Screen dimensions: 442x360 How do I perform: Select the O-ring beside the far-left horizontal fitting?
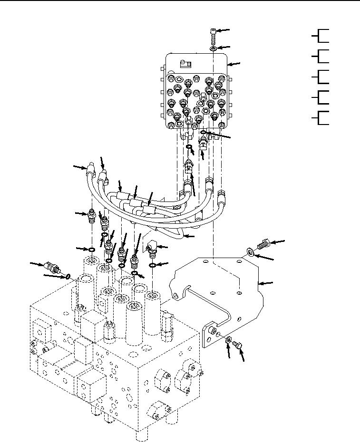pos(68,276)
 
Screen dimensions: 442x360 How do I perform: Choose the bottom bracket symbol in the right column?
pos(321,117)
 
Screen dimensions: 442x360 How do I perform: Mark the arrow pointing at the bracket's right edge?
pos(268,284)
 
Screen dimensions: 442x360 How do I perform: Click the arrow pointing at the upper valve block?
pos(235,63)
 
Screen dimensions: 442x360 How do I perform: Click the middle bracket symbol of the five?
pos(321,77)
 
